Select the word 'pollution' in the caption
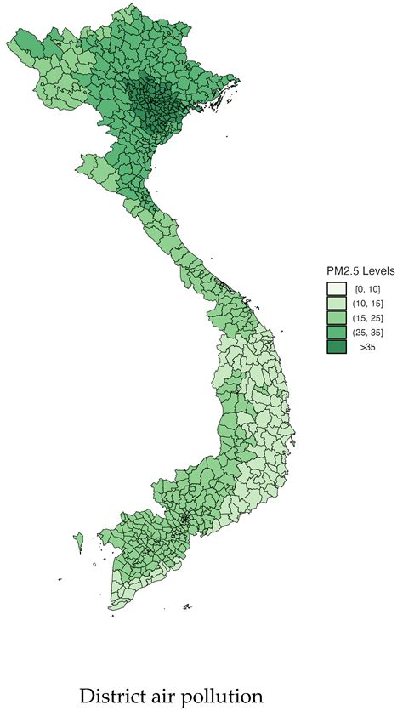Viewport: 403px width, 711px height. coord(223,696)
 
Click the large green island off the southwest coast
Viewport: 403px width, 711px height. coord(79,540)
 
